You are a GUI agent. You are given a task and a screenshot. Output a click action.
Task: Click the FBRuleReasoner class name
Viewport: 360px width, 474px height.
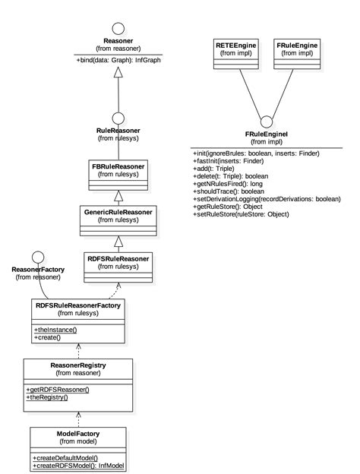[117, 166]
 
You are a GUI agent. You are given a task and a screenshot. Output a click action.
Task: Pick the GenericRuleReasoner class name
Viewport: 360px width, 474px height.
[118, 211]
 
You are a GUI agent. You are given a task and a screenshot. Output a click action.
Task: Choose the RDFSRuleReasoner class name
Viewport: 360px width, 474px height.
[118, 258]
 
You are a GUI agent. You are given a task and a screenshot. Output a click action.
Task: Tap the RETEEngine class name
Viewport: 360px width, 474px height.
[234, 46]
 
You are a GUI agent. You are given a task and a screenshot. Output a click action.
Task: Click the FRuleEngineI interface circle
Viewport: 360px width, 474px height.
[265, 122]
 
